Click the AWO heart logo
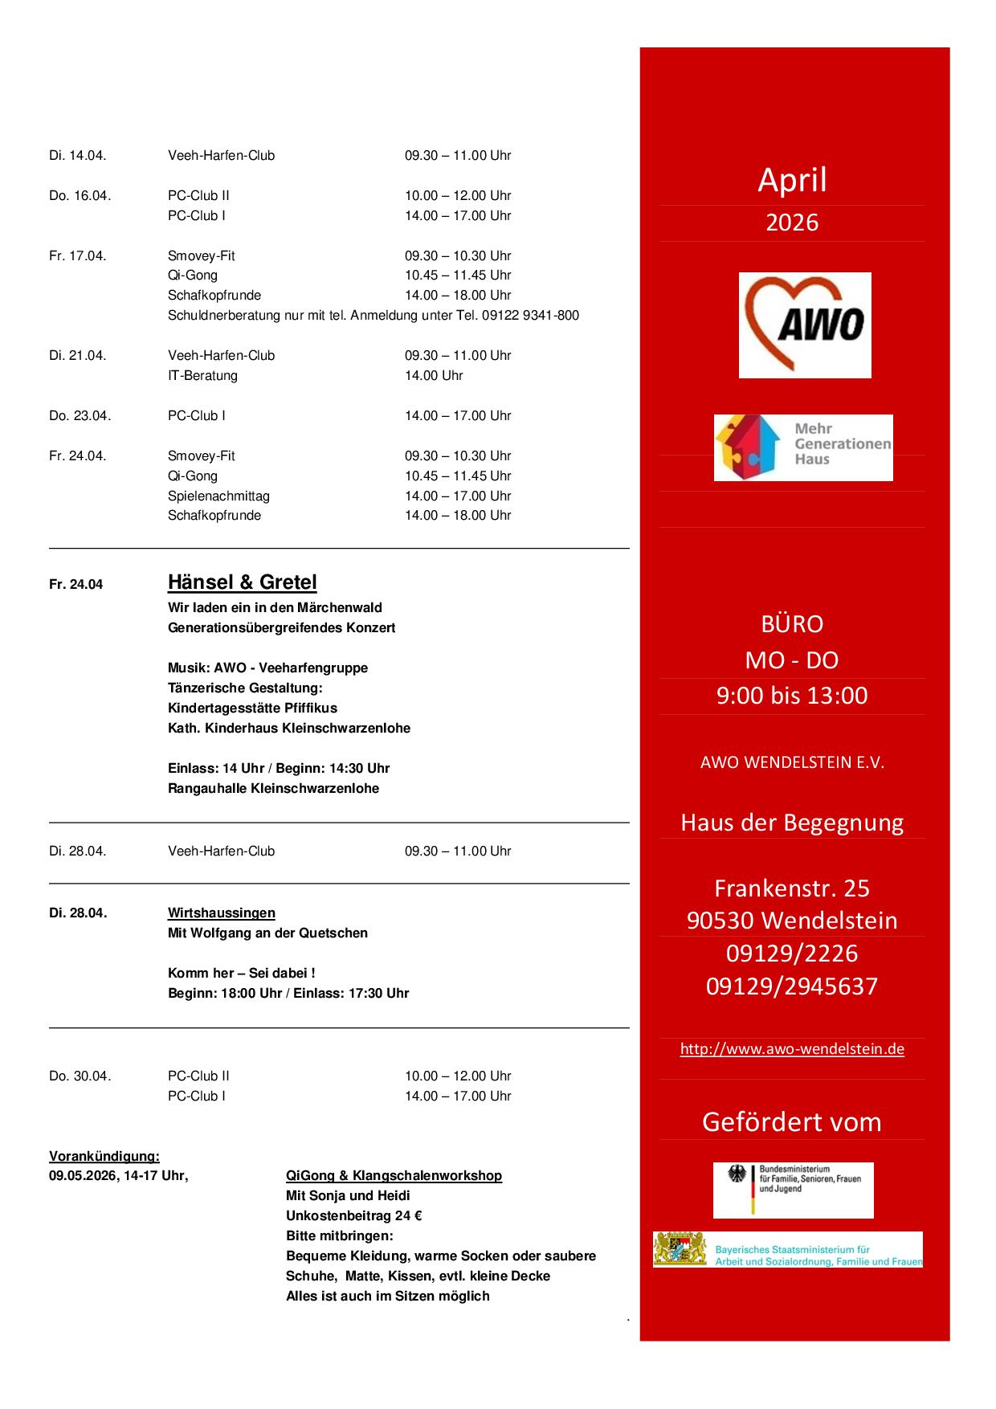click(804, 325)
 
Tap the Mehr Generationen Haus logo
click(802, 447)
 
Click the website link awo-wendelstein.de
click(792, 1048)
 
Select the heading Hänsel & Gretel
click(242, 582)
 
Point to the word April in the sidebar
click(792, 180)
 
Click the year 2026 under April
click(792, 223)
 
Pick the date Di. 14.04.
click(78, 156)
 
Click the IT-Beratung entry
click(202, 375)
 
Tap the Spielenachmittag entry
click(218, 496)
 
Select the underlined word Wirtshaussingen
click(221, 913)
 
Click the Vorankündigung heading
click(104, 1156)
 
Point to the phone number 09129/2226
click(792, 954)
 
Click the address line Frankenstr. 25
click(792, 888)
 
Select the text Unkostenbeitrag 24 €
click(354, 1215)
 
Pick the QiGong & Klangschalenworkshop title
click(394, 1175)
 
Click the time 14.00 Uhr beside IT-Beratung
click(434, 375)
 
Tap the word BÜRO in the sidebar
click(792, 624)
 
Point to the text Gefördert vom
click(792, 1121)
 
